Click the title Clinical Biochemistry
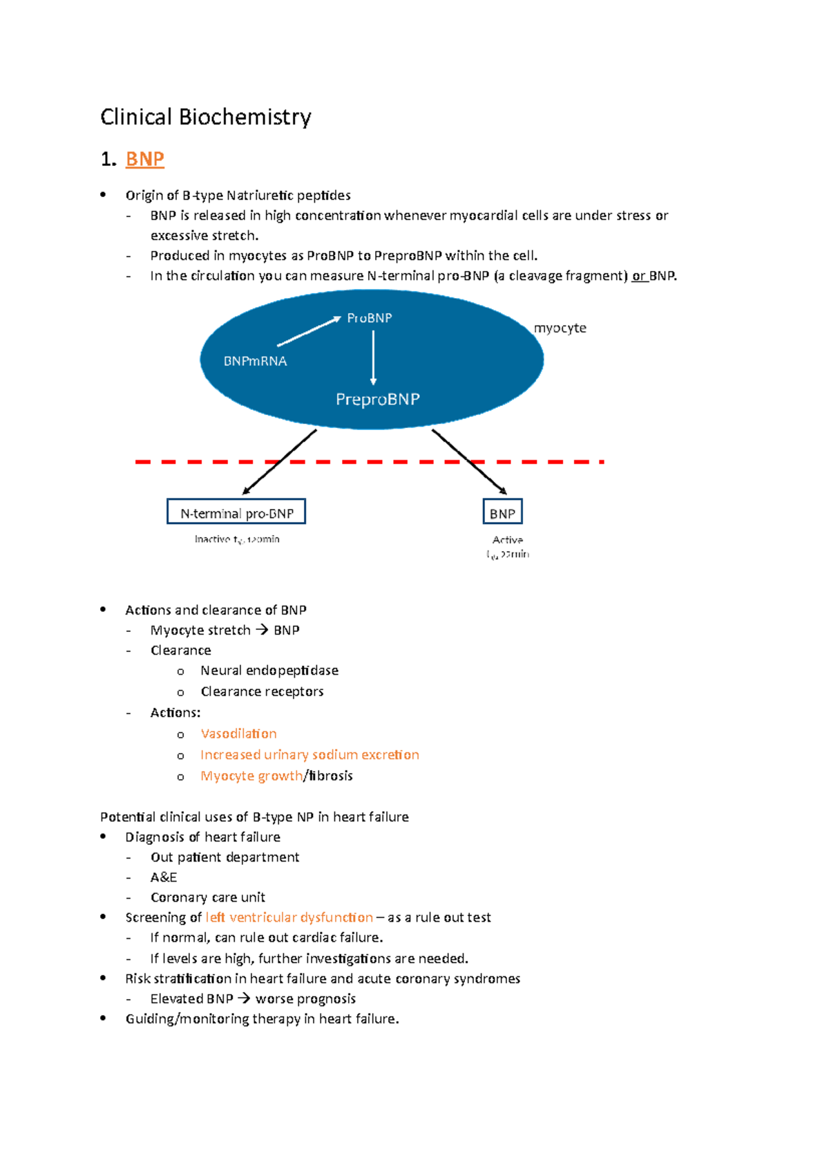205,117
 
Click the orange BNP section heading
145,159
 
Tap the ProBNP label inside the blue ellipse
370,318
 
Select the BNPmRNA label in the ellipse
255,361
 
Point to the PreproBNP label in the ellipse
377,399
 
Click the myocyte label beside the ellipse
560,328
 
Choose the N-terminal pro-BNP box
236,512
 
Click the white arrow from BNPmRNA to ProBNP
309,331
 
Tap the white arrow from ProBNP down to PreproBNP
373,357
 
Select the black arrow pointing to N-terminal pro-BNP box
279,462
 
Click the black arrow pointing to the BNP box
470,462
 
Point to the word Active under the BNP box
508,540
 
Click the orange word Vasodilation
238,734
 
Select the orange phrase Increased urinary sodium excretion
309,754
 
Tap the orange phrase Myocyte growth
251,776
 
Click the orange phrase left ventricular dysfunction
289,917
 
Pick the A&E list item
164,877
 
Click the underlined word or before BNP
639,276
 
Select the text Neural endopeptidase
269,671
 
